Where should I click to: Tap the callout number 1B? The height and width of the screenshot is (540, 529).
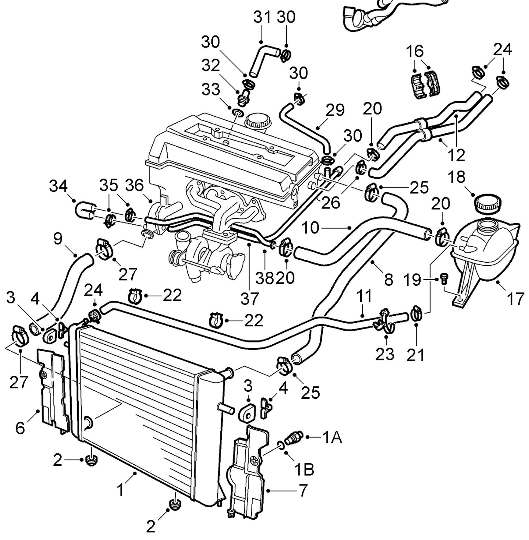click(x=304, y=469)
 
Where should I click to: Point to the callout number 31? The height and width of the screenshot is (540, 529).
click(x=262, y=18)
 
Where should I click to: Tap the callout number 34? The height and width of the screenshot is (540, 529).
click(x=59, y=187)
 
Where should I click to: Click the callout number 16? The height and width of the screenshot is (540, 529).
click(x=415, y=51)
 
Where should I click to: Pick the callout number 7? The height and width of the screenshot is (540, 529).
click(x=303, y=491)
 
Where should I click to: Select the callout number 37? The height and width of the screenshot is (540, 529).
click(x=249, y=299)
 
